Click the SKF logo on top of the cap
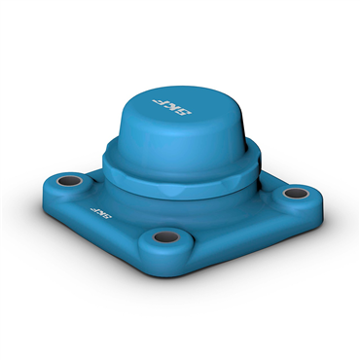(172, 107)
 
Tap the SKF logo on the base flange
(100, 213)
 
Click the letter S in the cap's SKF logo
(184, 111)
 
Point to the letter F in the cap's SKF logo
(160, 102)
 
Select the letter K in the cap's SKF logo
(171, 107)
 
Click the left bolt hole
(70, 181)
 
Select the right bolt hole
(296, 194)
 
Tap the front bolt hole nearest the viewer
(166, 237)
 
